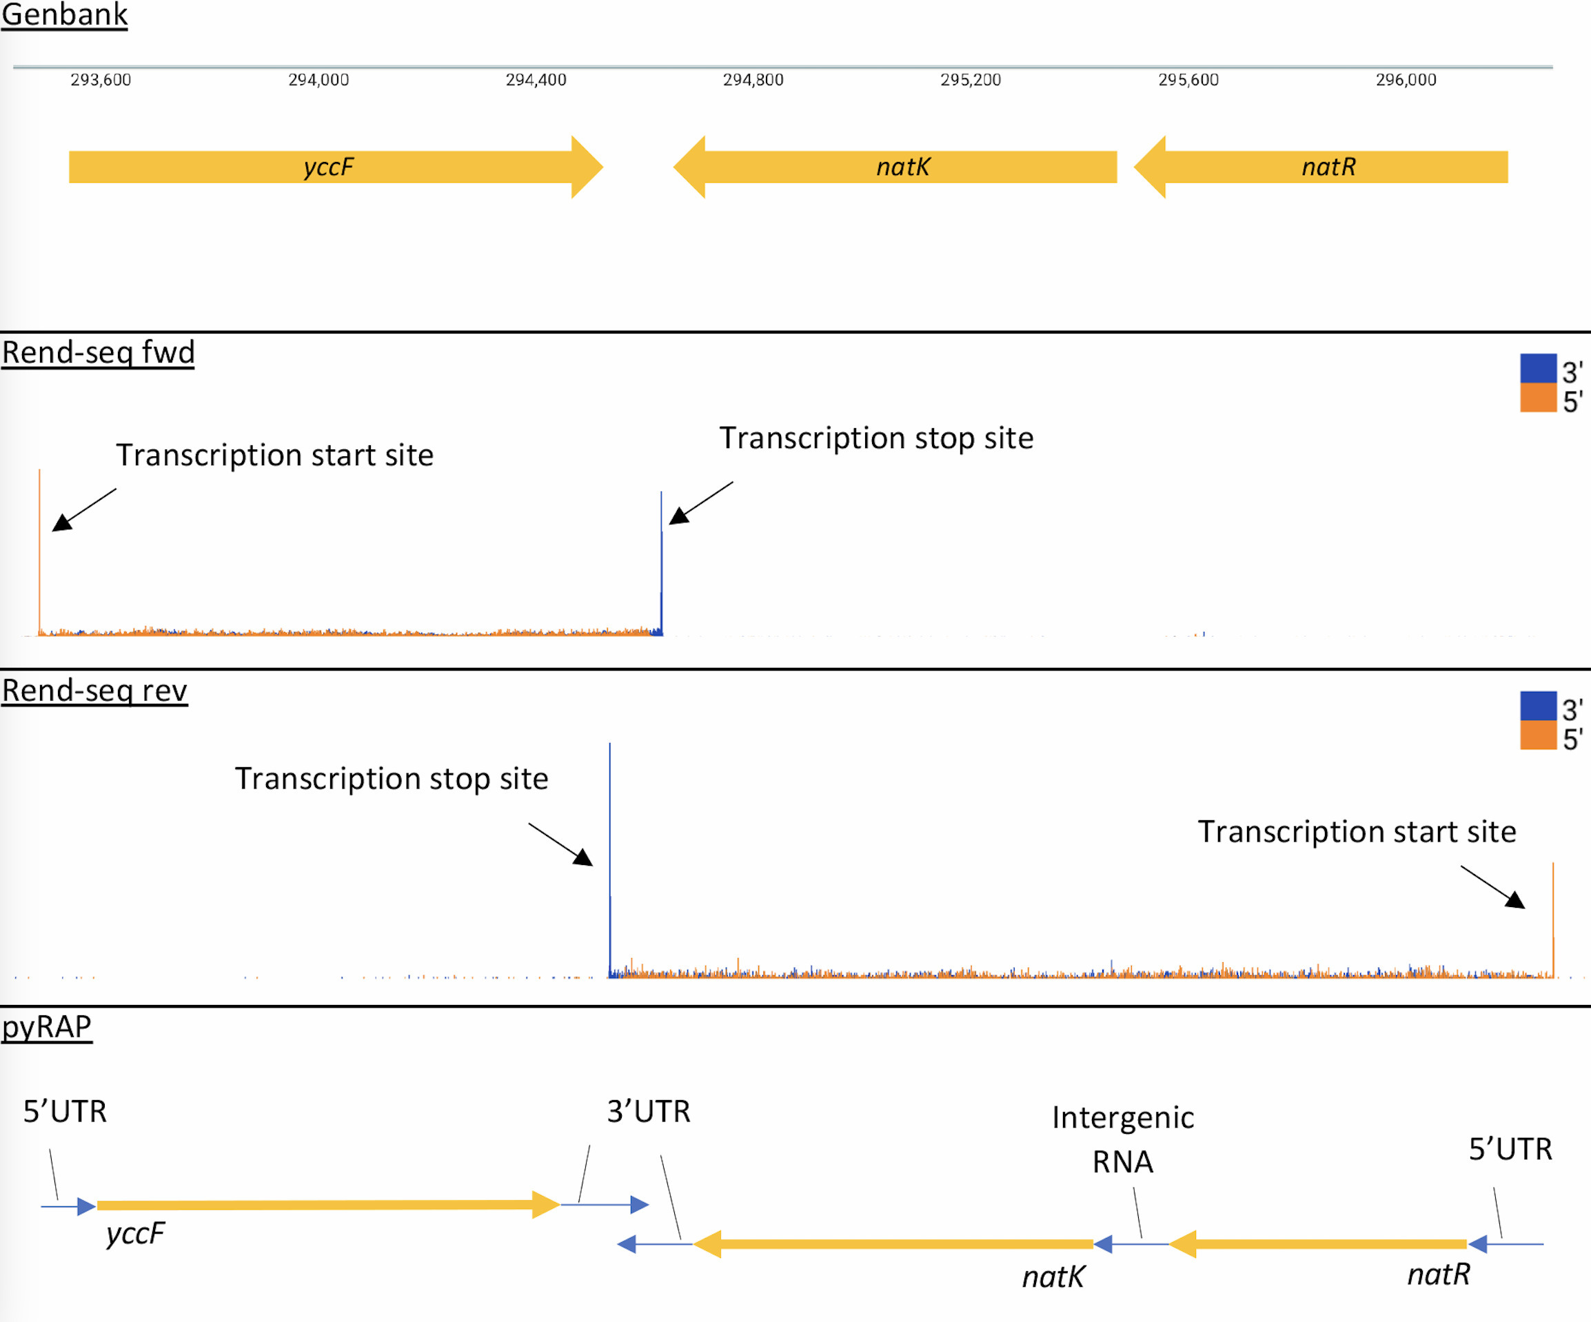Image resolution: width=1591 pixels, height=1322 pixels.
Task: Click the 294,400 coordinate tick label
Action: coord(536,79)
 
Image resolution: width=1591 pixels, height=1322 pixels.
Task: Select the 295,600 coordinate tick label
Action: coord(1188,79)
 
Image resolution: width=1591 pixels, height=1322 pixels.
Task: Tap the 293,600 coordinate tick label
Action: coord(101,79)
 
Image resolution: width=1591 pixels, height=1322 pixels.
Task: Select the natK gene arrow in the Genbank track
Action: coord(902,167)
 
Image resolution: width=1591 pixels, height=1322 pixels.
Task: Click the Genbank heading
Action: coord(64,14)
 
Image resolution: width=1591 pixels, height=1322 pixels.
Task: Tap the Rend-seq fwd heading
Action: coord(98,352)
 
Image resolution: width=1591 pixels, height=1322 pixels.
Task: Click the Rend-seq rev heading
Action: coord(94,690)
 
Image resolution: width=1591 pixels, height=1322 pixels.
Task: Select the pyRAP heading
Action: coord(46,1026)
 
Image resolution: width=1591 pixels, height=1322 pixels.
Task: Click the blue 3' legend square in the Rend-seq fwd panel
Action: coord(1538,368)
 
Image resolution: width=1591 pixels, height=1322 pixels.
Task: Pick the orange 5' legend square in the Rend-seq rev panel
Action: coord(1538,735)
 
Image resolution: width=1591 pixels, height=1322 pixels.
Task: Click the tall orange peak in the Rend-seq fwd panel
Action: coord(39,545)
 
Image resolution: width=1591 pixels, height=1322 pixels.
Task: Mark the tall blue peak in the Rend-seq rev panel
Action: coord(610,833)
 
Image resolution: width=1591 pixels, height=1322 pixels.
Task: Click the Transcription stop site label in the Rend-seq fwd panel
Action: coord(875,438)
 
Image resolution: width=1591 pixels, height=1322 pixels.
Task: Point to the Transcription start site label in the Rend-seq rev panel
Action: coord(1356,832)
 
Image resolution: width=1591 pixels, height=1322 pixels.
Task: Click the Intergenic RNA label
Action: coord(1123,1139)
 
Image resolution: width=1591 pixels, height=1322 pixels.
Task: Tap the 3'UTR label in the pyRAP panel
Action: coord(649,1111)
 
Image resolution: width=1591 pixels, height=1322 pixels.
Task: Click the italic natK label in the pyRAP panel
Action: coord(1053,1277)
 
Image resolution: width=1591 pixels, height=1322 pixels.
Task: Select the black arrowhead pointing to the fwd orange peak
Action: coord(62,522)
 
